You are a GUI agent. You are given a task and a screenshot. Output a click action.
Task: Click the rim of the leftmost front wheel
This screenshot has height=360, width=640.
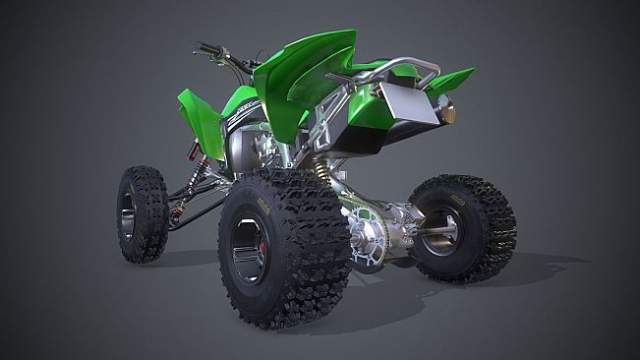(129, 216)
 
